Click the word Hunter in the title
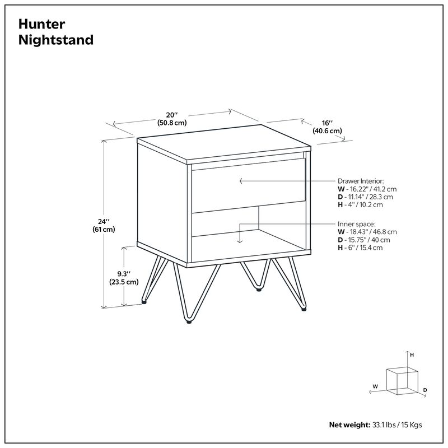42,24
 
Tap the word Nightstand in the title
55,40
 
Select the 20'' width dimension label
172,114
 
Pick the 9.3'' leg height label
123,274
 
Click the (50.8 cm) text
172,122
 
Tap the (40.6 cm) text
328,131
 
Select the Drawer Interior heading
360,181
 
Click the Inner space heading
356,223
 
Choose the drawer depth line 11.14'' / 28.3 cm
367,197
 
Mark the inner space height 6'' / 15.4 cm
362,247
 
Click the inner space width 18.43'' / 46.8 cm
369,231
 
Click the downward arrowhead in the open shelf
239,241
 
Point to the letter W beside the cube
375,386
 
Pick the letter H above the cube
412,355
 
